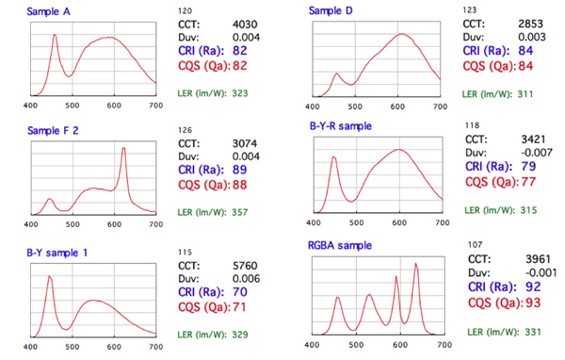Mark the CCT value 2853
(x=531, y=22)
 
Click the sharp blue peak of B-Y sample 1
(x=50, y=277)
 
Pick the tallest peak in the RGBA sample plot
(x=416, y=265)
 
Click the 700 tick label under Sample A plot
(x=154, y=107)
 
